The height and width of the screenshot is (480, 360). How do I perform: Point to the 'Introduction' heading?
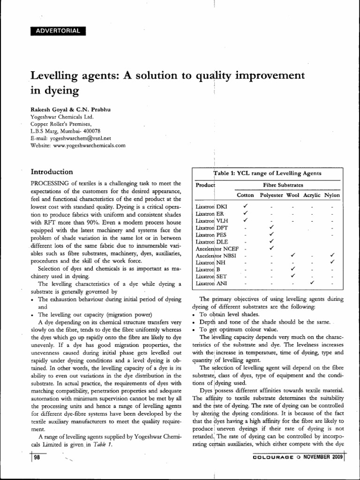pos(52,172)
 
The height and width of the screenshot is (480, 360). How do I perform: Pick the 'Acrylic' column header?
pos(313,195)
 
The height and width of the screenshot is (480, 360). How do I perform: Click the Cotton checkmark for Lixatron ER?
pos(245,213)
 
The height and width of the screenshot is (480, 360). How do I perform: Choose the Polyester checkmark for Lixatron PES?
pos(271,234)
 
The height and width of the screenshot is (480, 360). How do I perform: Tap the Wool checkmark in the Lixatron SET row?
pos(292,276)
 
